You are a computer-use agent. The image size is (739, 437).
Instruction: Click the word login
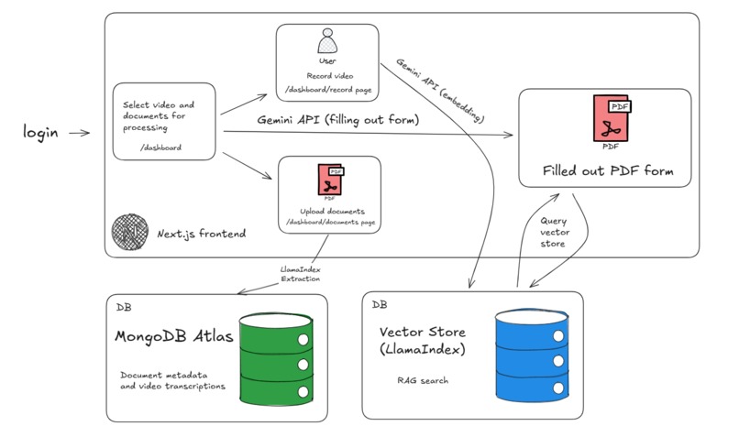pyautogui.click(x=40, y=132)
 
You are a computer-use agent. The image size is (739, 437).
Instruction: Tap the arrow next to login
pyautogui.click(x=79, y=133)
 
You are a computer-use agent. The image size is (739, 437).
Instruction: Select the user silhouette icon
pyautogui.click(x=327, y=41)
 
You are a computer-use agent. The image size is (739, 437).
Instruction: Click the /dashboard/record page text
pyautogui.click(x=328, y=90)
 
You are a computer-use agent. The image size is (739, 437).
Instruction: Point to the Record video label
pyautogui.click(x=329, y=76)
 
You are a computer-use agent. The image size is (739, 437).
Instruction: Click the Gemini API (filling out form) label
pyautogui.click(x=338, y=120)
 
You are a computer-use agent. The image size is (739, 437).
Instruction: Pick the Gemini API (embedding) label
pyautogui.click(x=440, y=91)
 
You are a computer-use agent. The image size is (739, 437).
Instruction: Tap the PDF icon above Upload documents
pyautogui.click(x=330, y=180)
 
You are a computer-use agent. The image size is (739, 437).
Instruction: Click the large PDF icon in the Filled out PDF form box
pyautogui.click(x=612, y=119)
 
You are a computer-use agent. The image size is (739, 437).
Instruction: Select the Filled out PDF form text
pyautogui.click(x=608, y=170)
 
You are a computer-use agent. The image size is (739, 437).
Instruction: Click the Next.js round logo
pyautogui.click(x=130, y=232)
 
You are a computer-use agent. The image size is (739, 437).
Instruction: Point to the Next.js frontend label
pyautogui.click(x=201, y=234)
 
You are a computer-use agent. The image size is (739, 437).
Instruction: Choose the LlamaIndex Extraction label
pyautogui.click(x=300, y=274)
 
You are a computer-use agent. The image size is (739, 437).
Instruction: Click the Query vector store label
pyautogui.click(x=554, y=232)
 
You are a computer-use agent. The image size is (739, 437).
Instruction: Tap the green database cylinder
pyautogui.click(x=276, y=359)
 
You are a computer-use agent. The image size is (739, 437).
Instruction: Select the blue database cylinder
pyautogui.click(x=532, y=355)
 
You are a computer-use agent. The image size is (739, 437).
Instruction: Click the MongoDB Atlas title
pyautogui.click(x=174, y=336)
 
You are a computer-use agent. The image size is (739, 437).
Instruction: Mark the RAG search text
pyautogui.click(x=423, y=380)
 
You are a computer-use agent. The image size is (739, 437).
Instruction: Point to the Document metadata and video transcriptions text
pyautogui.click(x=172, y=380)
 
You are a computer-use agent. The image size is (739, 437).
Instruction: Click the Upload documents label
pyautogui.click(x=332, y=211)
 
